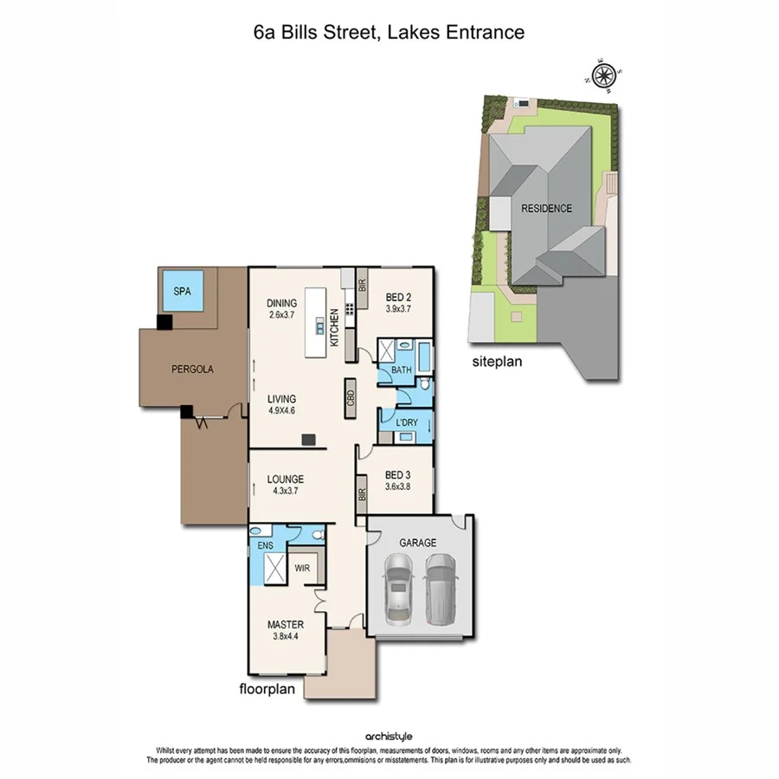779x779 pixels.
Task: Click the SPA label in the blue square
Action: pyautogui.click(x=182, y=292)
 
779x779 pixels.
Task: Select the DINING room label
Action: pyautogui.click(x=282, y=303)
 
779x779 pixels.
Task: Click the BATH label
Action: pyautogui.click(x=402, y=371)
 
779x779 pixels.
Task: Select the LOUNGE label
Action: pyautogui.click(x=285, y=479)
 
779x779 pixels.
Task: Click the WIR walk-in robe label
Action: pyautogui.click(x=302, y=570)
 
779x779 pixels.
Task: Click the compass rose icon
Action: pyautogui.click(x=603, y=74)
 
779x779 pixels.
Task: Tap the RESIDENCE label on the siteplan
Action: pyautogui.click(x=546, y=209)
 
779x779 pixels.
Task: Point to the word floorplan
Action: pyautogui.click(x=268, y=690)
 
